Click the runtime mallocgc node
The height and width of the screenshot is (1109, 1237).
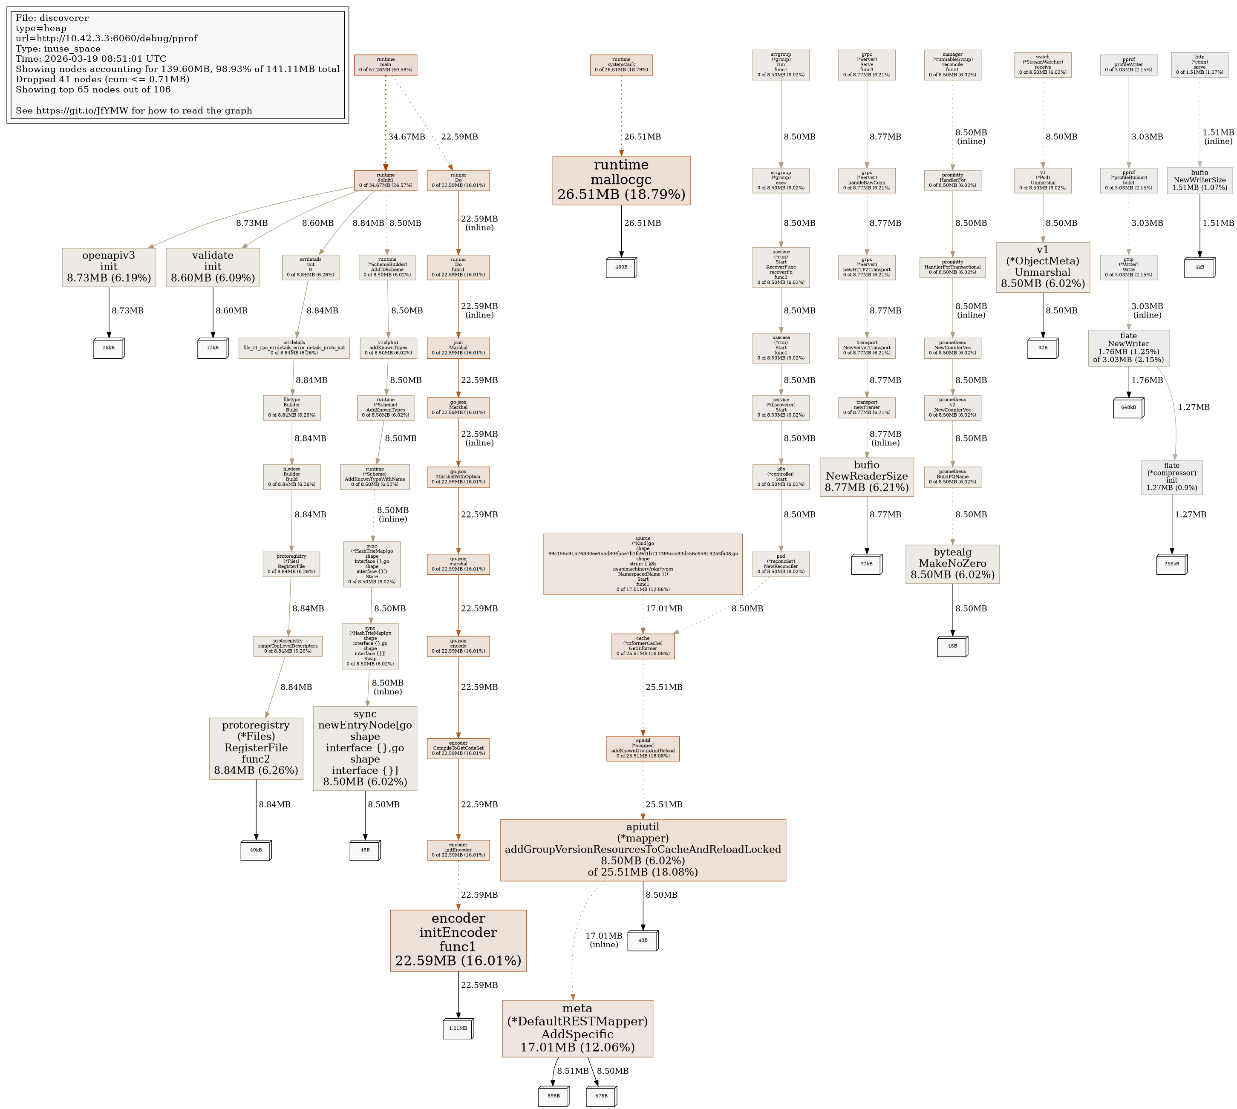pyautogui.click(x=621, y=180)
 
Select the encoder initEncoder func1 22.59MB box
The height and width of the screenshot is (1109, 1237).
pyautogui.click(x=458, y=940)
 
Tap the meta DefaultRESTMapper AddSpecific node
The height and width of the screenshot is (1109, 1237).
pyautogui.click(x=577, y=1028)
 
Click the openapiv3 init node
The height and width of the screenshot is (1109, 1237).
pyautogui.click(x=109, y=267)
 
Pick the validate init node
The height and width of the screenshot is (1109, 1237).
pyautogui.click(x=213, y=267)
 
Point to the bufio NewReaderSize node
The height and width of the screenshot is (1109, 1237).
pyautogui.click(x=867, y=476)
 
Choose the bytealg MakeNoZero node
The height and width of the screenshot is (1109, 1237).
pyautogui.click(x=952, y=564)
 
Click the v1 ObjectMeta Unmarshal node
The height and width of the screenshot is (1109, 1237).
pyautogui.click(x=1043, y=267)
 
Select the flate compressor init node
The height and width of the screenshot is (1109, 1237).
pyautogui.click(x=1172, y=476)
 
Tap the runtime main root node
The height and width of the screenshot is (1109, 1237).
pyautogui.click(x=386, y=65)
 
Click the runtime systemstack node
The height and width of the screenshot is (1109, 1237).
pyautogui.click(x=621, y=65)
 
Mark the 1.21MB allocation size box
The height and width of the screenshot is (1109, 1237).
pyautogui.click(x=458, y=1028)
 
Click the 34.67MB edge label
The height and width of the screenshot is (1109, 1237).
pyautogui.click(x=407, y=136)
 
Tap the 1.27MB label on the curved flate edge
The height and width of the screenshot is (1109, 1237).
pyautogui.click(x=1194, y=407)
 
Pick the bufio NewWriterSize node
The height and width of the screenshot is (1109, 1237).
pyautogui.click(x=1199, y=180)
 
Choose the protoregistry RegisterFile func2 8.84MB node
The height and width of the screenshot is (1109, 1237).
pyautogui.click(x=256, y=748)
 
